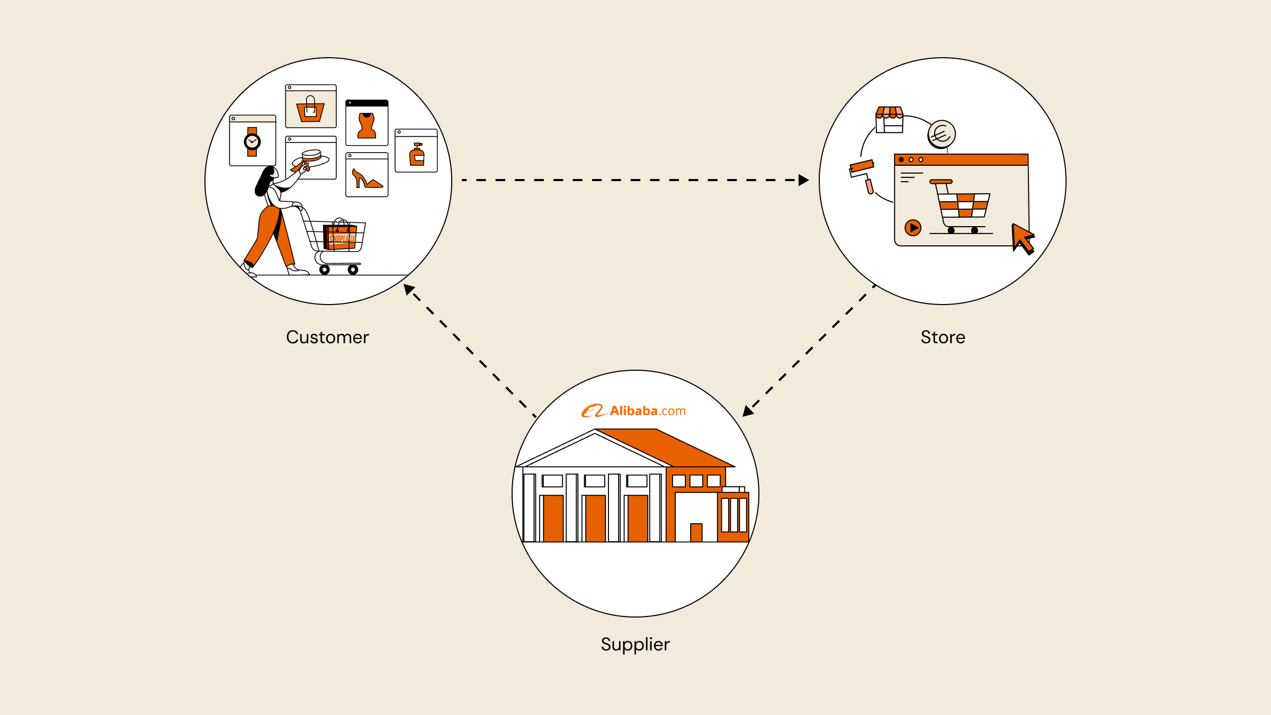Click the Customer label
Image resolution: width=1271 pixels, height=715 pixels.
click(327, 337)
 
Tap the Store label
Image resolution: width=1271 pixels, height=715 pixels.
click(943, 337)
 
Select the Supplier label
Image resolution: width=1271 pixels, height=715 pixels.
click(635, 645)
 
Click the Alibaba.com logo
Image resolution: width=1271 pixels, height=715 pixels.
click(633, 411)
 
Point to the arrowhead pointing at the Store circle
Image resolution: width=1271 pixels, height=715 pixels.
click(803, 180)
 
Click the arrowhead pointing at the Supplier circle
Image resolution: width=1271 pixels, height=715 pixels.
click(747, 411)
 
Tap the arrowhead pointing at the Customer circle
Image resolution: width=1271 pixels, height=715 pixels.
click(409, 289)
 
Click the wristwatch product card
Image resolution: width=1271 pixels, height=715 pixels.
click(253, 141)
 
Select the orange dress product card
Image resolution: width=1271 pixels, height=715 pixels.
click(366, 123)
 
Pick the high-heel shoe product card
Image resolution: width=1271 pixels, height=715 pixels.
click(366, 175)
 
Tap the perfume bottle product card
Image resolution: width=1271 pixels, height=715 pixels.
click(416, 151)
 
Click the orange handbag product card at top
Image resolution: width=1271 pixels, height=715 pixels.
click(311, 106)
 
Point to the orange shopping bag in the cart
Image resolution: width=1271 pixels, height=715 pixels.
click(340, 236)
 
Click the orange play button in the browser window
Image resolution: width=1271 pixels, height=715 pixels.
click(913, 228)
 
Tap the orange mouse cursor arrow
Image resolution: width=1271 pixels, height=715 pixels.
click(1022, 238)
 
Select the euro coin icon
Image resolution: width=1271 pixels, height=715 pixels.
click(942, 134)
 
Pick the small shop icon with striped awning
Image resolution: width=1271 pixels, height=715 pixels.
click(889, 120)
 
